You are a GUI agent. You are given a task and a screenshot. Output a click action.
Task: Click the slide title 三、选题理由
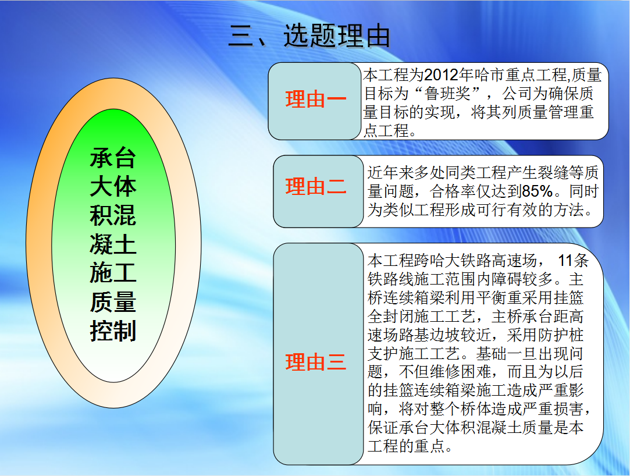pyautogui.click(x=309, y=35)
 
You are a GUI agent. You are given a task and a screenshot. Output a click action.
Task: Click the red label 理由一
pyautogui.click(x=316, y=100)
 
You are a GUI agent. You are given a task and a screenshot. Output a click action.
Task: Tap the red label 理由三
pyautogui.click(x=316, y=362)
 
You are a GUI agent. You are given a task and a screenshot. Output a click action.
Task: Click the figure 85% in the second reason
pyautogui.click(x=538, y=191)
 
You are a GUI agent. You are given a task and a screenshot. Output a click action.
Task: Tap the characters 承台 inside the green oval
pyautogui.click(x=113, y=158)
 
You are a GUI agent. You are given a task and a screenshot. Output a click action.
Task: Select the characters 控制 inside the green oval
pyautogui.click(x=113, y=331)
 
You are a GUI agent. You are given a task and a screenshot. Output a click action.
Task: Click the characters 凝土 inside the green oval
pyautogui.click(x=113, y=244)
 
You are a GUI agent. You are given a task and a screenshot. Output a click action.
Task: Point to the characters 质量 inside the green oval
pyautogui.click(x=113, y=302)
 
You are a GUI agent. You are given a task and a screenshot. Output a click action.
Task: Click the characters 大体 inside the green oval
pyautogui.click(x=113, y=187)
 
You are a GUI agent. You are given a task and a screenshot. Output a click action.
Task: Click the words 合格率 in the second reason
pyautogui.click(x=453, y=191)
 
